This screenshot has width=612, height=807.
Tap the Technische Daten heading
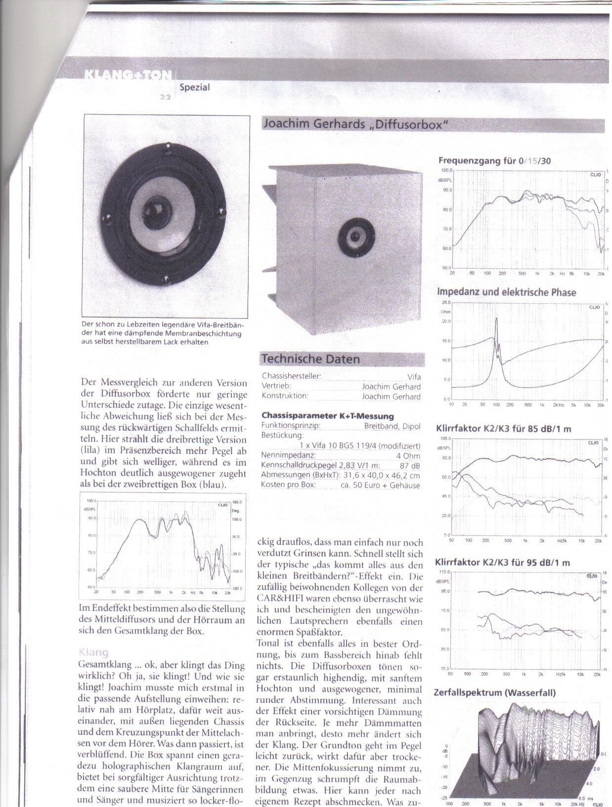[310, 359]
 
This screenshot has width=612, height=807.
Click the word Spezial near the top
[195, 87]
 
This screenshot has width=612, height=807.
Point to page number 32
[165, 97]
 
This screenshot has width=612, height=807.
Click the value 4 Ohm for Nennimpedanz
[408, 456]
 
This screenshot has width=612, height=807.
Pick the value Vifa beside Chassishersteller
[414, 377]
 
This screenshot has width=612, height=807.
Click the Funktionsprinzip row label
[291, 426]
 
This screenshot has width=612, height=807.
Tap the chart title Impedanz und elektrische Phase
[507, 292]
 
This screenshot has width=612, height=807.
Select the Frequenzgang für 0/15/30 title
[494, 161]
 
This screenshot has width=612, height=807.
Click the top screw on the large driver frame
[168, 147]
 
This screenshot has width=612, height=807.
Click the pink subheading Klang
[93, 652]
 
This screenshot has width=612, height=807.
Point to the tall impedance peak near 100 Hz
[496, 320]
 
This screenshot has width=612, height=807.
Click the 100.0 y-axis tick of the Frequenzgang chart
[446, 170]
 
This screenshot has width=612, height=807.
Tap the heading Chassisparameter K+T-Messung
[327, 416]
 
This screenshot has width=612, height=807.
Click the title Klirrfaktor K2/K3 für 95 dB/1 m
[502, 563]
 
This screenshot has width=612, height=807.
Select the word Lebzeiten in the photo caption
[141, 324]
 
